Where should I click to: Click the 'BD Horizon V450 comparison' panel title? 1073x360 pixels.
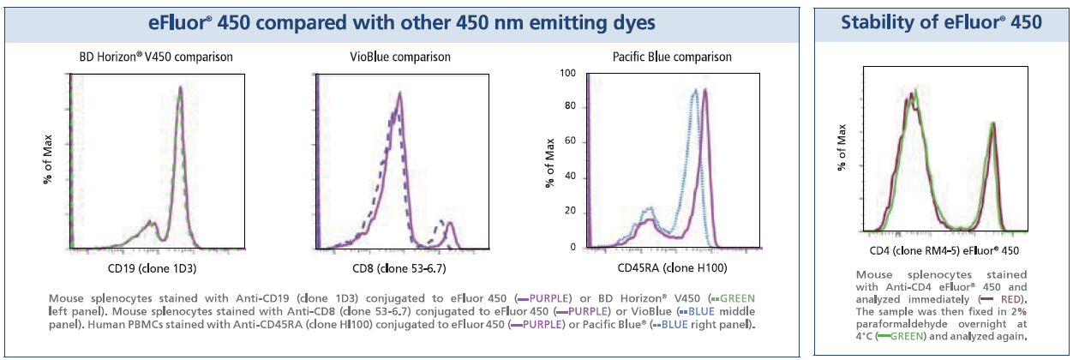pyautogui.click(x=151, y=57)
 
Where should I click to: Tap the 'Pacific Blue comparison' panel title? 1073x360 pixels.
pyautogui.click(x=660, y=57)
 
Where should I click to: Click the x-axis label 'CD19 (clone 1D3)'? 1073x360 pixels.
pyautogui.click(x=151, y=268)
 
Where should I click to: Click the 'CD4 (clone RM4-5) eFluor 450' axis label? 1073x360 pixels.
pyautogui.click(x=940, y=250)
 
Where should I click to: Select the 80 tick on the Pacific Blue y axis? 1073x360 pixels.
pyautogui.click(x=568, y=108)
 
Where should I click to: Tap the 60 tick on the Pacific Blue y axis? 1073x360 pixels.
pyautogui.click(x=568, y=143)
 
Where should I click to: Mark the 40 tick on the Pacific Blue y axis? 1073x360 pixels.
pyautogui.click(x=568, y=178)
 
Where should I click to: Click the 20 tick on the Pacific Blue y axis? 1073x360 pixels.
pyautogui.click(x=568, y=213)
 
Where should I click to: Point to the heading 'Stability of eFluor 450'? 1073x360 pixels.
pyautogui.click(x=940, y=23)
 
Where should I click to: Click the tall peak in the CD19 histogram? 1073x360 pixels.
pyautogui.click(x=180, y=89)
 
